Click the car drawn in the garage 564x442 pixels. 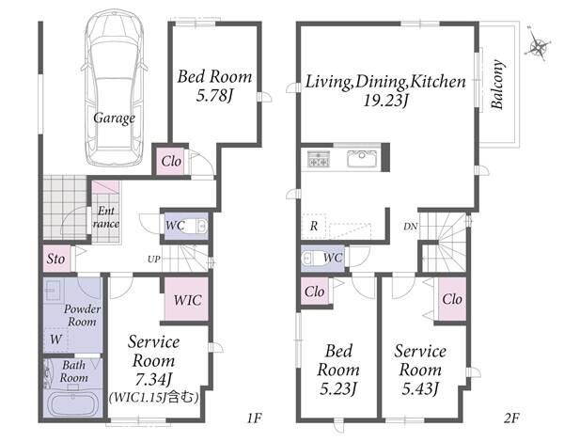[x=115, y=88]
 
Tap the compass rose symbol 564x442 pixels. [x=538, y=46]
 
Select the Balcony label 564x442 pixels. [x=497, y=85]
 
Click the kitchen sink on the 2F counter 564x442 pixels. [x=362, y=159]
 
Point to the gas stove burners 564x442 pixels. [x=319, y=159]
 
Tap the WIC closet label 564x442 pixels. [x=187, y=300]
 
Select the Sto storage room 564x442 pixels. [x=56, y=259]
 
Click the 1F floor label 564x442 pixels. [x=255, y=418]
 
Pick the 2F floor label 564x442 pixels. [x=511, y=418]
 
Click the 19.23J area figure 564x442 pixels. [x=385, y=101]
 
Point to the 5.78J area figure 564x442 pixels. [x=214, y=96]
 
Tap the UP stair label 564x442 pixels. [x=153, y=259]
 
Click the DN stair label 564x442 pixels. [x=411, y=227]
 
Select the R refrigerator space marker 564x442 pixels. [x=314, y=227]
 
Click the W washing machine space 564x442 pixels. [x=55, y=339]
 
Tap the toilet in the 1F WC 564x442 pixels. [x=195, y=227]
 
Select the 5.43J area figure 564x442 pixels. [x=420, y=388]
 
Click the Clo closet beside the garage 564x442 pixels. [x=171, y=161]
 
